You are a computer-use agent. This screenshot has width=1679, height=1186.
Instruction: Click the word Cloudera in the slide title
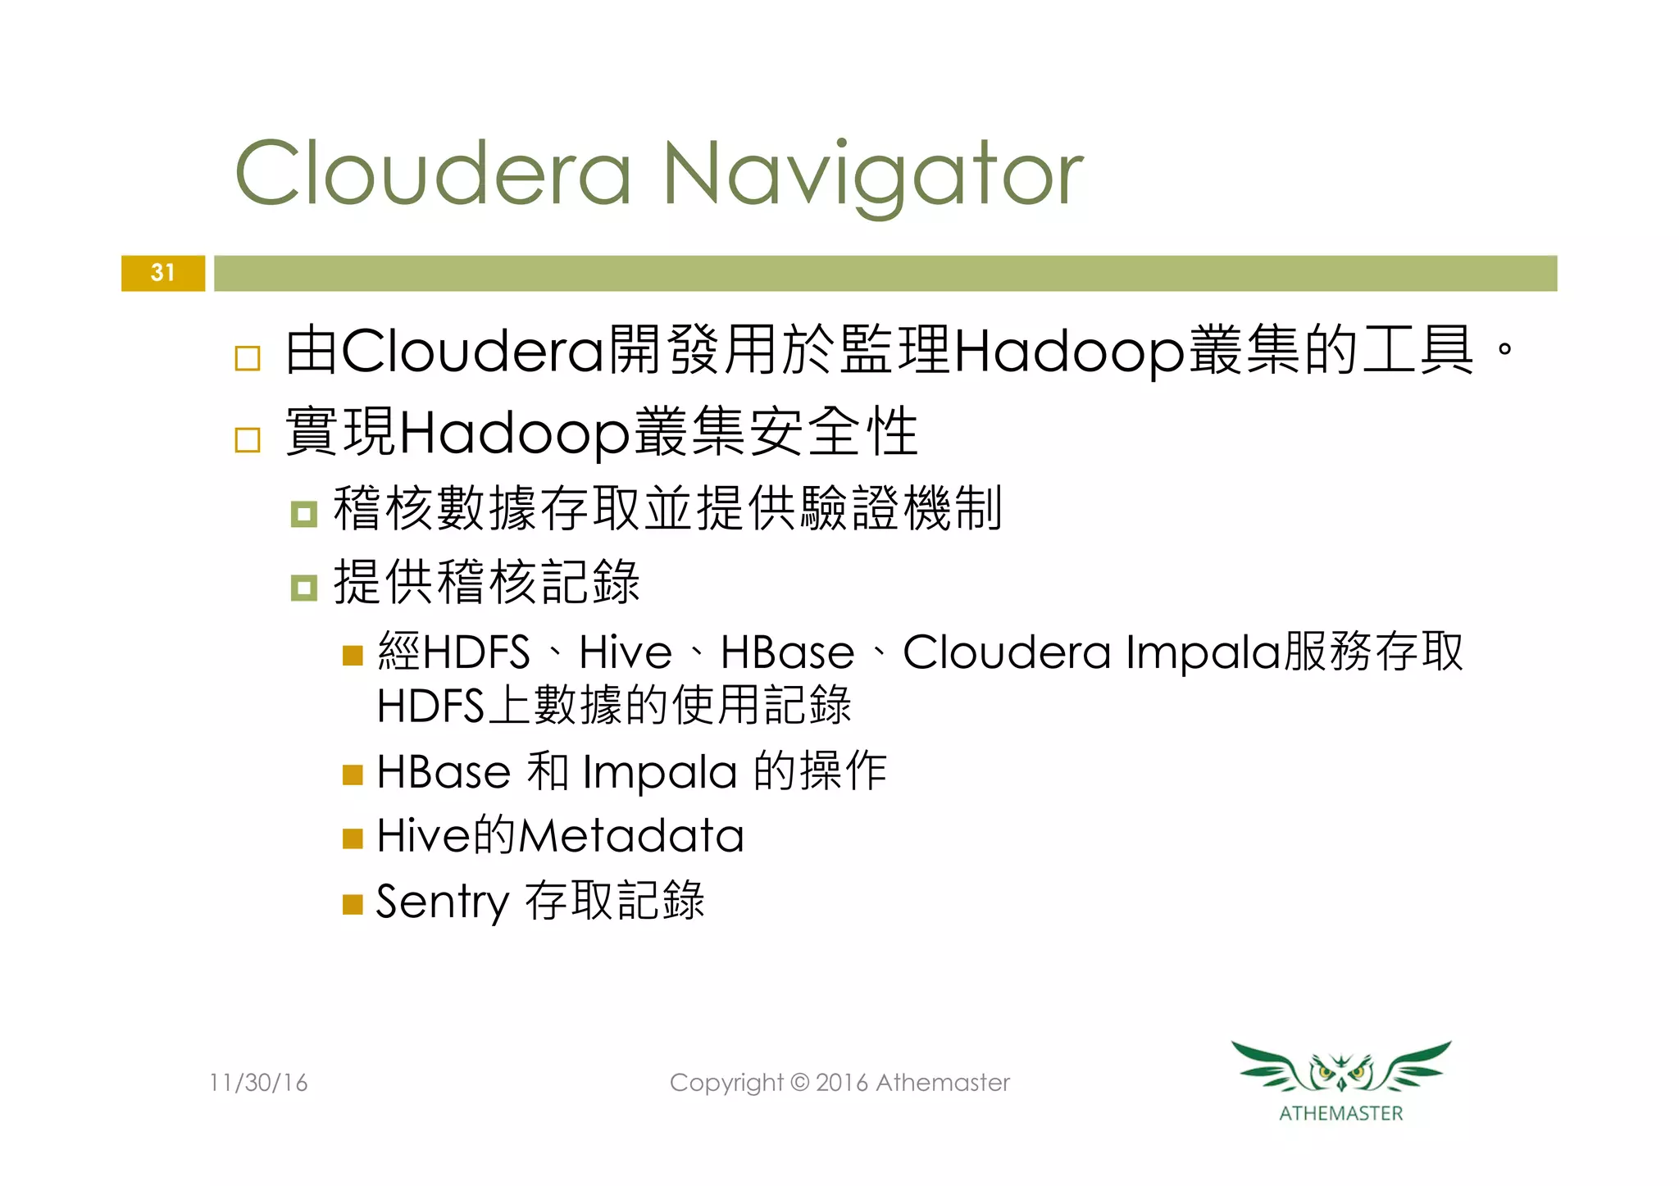point(434,174)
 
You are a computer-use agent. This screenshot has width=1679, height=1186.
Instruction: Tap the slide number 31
point(163,273)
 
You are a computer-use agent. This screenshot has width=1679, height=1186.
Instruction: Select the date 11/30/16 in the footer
point(258,1083)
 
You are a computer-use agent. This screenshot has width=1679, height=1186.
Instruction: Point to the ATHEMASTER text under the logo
point(1341,1113)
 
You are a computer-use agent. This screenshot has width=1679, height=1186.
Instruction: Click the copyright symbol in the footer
point(799,1083)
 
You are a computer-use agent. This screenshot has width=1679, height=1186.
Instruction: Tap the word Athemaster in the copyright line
point(943,1083)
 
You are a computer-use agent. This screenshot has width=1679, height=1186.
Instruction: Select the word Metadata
point(631,836)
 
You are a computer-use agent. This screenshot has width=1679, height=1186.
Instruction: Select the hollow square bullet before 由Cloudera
point(248,358)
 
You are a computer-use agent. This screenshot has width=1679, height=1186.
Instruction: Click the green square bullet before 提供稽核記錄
point(304,588)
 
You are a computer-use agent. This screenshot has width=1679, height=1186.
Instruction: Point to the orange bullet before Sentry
point(353,904)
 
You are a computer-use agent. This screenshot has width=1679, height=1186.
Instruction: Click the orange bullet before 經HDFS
point(353,656)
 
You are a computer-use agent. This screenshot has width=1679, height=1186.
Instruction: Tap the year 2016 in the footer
point(842,1083)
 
